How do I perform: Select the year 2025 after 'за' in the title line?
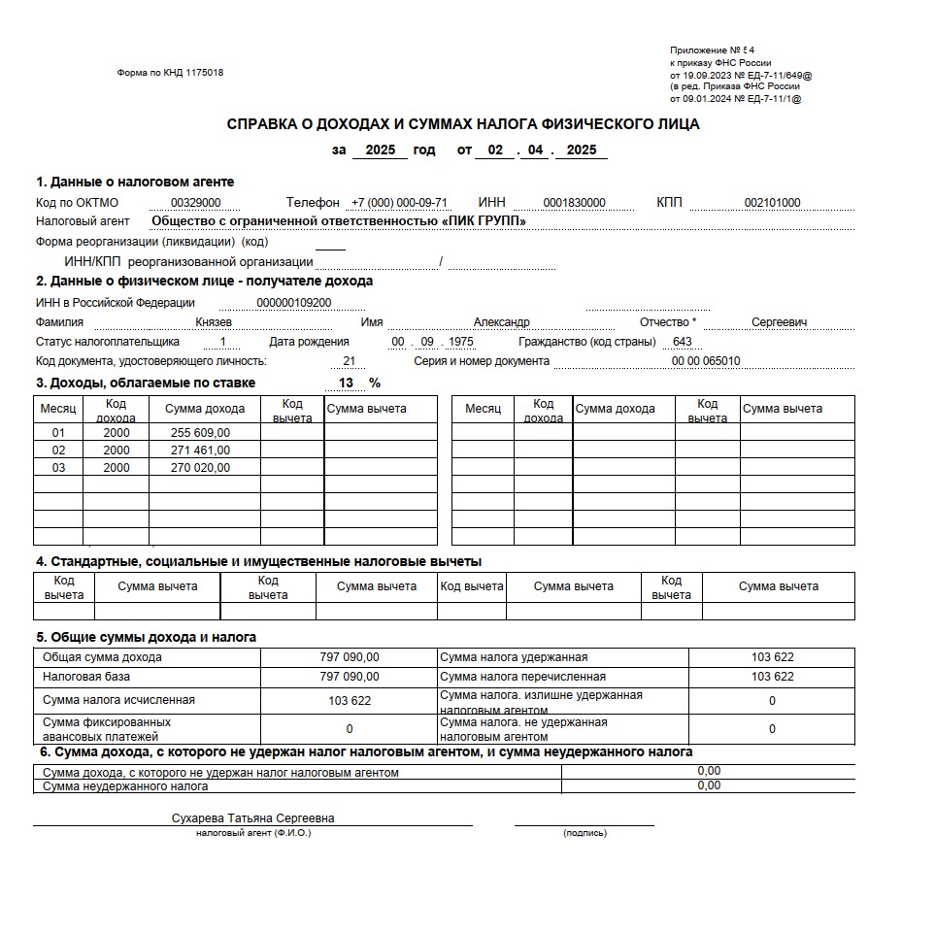[x=380, y=150]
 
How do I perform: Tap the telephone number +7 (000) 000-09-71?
[x=400, y=203]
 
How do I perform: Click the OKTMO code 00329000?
[x=196, y=203]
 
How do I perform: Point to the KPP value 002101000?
[x=772, y=203]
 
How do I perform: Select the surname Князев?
[x=214, y=322]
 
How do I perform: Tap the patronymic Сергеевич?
[x=780, y=322]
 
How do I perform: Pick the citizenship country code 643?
[x=682, y=342]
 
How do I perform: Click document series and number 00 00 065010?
[x=706, y=361]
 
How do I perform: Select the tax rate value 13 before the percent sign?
[x=347, y=383]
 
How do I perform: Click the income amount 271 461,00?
[x=201, y=450]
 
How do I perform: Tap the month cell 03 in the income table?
[x=58, y=468]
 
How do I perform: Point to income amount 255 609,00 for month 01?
[x=201, y=433]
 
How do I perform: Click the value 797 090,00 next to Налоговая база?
[x=350, y=677]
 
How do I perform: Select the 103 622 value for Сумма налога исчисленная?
[x=350, y=700]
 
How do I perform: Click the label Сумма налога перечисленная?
[x=522, y=677]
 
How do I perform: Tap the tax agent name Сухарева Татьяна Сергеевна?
[x=252, y=818]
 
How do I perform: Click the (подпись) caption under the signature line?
[x=584, y=833]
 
